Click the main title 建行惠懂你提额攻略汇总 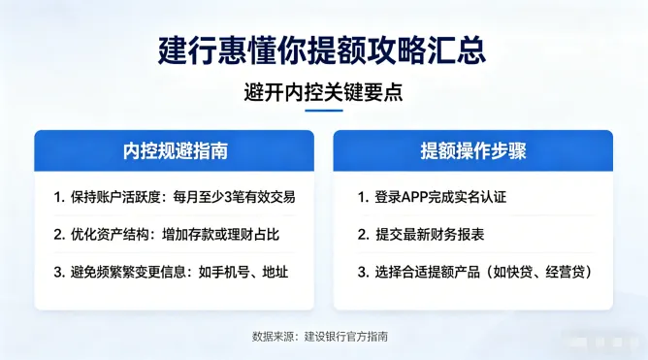point(323,49)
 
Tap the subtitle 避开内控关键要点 point(323,93)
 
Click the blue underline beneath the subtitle point(323,111)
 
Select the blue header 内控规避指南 point(175,150)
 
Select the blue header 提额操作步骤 point(472,150)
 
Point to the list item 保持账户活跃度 point(110,197)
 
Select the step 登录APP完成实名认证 point(440,197)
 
